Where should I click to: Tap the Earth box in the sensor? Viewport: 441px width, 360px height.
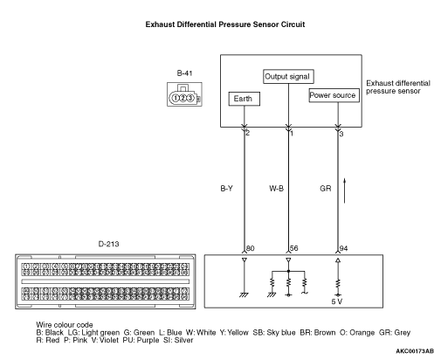pyautogui.click(x=241, y=99)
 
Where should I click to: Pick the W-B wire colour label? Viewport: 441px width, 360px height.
pyautogui.click(x=278, y=187)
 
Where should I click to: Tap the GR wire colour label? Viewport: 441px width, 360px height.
pyautogui.click(x=325, y=187)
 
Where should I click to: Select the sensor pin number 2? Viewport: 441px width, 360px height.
pyautogui.click(x=248, y=132)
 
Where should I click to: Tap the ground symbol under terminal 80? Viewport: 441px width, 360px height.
pyautogui.click(x=244, y=294)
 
